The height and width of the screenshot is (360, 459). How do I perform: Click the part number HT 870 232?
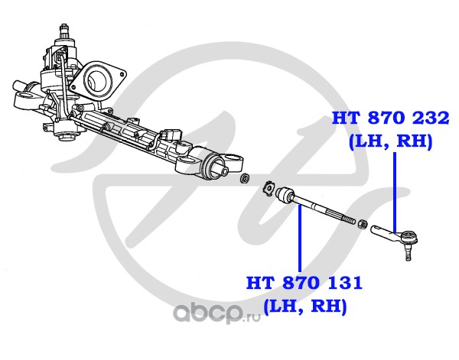390,118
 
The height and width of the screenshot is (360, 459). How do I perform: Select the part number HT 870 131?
304,283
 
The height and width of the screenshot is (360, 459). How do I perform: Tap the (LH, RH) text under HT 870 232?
391,142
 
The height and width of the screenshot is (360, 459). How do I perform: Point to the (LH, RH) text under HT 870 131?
305,306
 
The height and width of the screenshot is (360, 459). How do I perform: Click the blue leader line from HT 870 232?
395,193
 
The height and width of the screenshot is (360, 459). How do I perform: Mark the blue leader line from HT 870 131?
299,238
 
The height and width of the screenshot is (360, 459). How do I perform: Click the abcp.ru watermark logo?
216,313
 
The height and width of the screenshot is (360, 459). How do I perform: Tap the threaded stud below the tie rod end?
407,253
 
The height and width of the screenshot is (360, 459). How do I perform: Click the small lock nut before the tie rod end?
362,224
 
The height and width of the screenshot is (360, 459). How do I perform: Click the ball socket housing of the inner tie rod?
285,194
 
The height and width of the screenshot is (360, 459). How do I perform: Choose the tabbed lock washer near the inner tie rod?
268,190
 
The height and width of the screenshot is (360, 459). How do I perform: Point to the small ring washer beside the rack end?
245,178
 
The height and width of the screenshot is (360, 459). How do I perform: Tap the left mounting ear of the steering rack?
26,97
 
